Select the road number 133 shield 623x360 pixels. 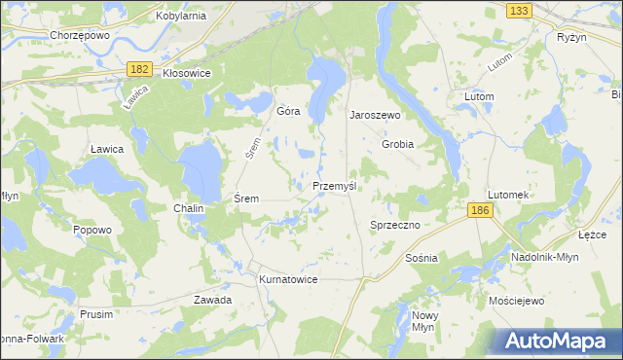click(x=519, y=10)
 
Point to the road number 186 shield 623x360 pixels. click(x=478, y=210)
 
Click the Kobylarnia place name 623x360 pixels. click(x=182, y=16)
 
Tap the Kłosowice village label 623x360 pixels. click(x=187, y=72)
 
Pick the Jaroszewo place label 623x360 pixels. click(x=376, y=114)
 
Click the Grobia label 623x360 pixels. click(x=397, y=144)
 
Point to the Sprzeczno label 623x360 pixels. click(x=394, y=225)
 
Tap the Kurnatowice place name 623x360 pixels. click(x=288, y=279)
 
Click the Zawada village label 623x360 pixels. click(x=212, y=300)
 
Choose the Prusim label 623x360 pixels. click(x=97, y=314)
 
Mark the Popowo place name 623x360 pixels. click(x=92, y=230)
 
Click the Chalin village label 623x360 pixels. click(x=188, y=208)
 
